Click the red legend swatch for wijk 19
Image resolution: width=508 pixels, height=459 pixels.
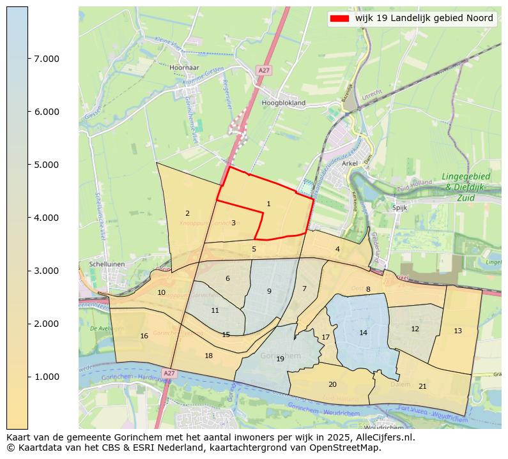(339, 19)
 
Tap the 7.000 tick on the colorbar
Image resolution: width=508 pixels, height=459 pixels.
(46, 59)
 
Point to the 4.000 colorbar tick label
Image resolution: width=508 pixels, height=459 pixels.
(46, 218)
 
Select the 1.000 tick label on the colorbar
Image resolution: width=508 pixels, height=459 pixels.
(46, 377)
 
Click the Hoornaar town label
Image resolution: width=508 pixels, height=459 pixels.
(185, 67)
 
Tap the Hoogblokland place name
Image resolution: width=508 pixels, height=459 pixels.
(284, 102)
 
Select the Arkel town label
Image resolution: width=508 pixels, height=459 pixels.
(350, 163)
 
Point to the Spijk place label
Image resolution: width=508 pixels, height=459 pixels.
(400, 207)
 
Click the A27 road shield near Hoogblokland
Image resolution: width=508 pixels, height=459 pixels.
(264, 70)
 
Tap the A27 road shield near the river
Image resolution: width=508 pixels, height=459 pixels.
(169, 373)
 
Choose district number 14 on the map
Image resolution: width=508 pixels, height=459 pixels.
(363, 333)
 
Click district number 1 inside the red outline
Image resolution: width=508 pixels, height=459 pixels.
(268, 204)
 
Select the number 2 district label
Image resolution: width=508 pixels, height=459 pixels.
(187, 213)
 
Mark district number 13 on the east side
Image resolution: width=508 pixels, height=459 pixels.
(458, 331)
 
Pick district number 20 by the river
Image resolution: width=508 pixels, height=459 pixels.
(332, 384)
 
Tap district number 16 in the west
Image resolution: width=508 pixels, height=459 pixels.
(144, 336)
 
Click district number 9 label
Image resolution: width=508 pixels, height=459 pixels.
(269, 291)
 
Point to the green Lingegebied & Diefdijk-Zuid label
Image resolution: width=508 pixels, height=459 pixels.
(466, 187)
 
